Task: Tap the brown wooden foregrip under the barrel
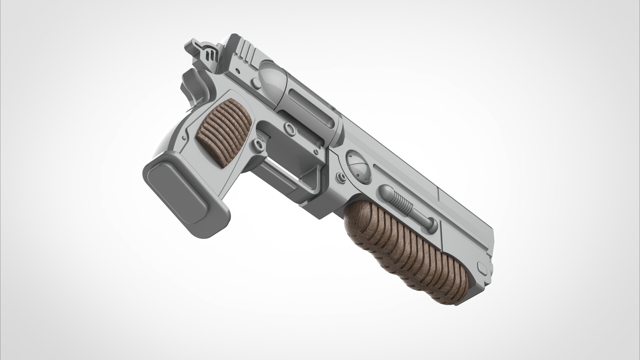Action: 407,253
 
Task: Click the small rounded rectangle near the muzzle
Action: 482,267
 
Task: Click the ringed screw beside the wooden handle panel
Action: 258,144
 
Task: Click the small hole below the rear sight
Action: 237,71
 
